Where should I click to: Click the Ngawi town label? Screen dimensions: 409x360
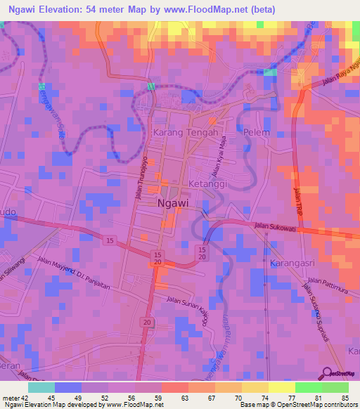[172, 202]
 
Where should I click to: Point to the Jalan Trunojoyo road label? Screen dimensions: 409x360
[144, 176]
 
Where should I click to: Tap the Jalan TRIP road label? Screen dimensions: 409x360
[297, 197]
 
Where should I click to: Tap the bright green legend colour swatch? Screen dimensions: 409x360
[308, 387]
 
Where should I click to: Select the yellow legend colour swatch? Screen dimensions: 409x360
[281, 387]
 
